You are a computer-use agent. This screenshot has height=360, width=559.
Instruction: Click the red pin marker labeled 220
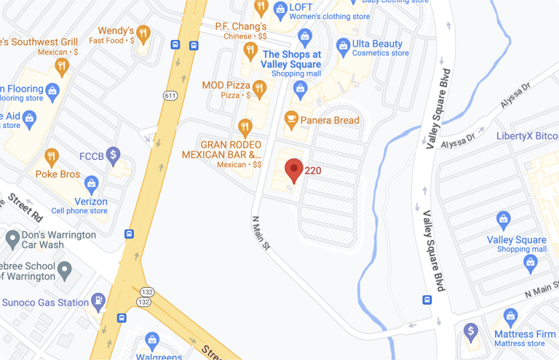[293, 169]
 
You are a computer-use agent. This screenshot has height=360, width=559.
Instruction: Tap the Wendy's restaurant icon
[143, 33]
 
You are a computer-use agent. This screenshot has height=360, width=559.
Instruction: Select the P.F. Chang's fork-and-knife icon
[250, 50]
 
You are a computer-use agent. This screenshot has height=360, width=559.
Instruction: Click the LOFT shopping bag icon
[280, 9]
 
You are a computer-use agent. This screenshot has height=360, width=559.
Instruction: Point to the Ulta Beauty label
[377, 44]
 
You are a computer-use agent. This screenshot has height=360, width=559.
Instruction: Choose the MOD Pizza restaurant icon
[260, 88]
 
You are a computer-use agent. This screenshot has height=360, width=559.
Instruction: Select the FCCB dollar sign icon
[113, 154]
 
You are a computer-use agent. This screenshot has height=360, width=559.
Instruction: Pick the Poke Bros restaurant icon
[51, 157]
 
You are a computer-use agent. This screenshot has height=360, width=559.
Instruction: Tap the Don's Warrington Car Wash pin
[12, 239]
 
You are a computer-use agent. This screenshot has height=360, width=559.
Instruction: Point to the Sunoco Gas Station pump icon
[98, 300]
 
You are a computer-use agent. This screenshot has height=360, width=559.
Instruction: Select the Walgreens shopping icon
[151, 340]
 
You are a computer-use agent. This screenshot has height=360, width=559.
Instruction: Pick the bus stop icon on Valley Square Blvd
[427, 300]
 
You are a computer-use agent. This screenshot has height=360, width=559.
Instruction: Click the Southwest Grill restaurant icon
[61, 66]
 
